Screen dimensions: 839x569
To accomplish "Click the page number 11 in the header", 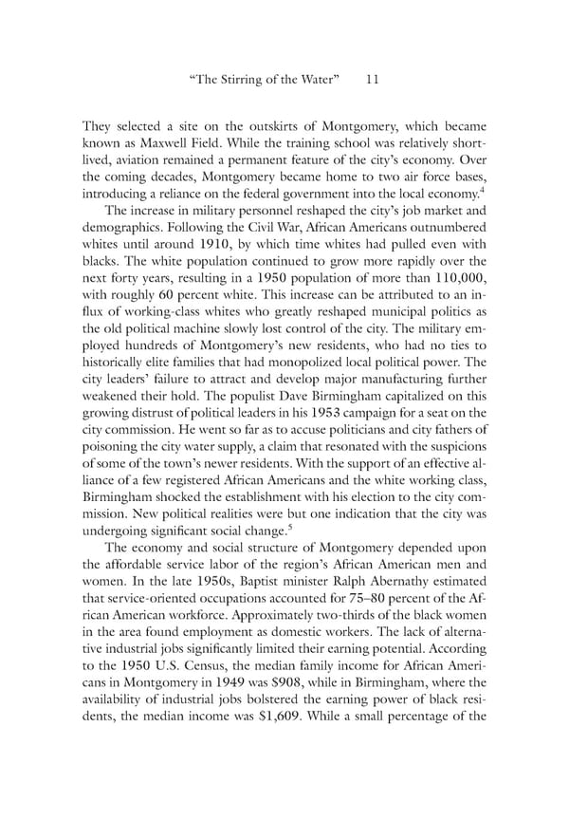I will (x=371, y=81).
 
